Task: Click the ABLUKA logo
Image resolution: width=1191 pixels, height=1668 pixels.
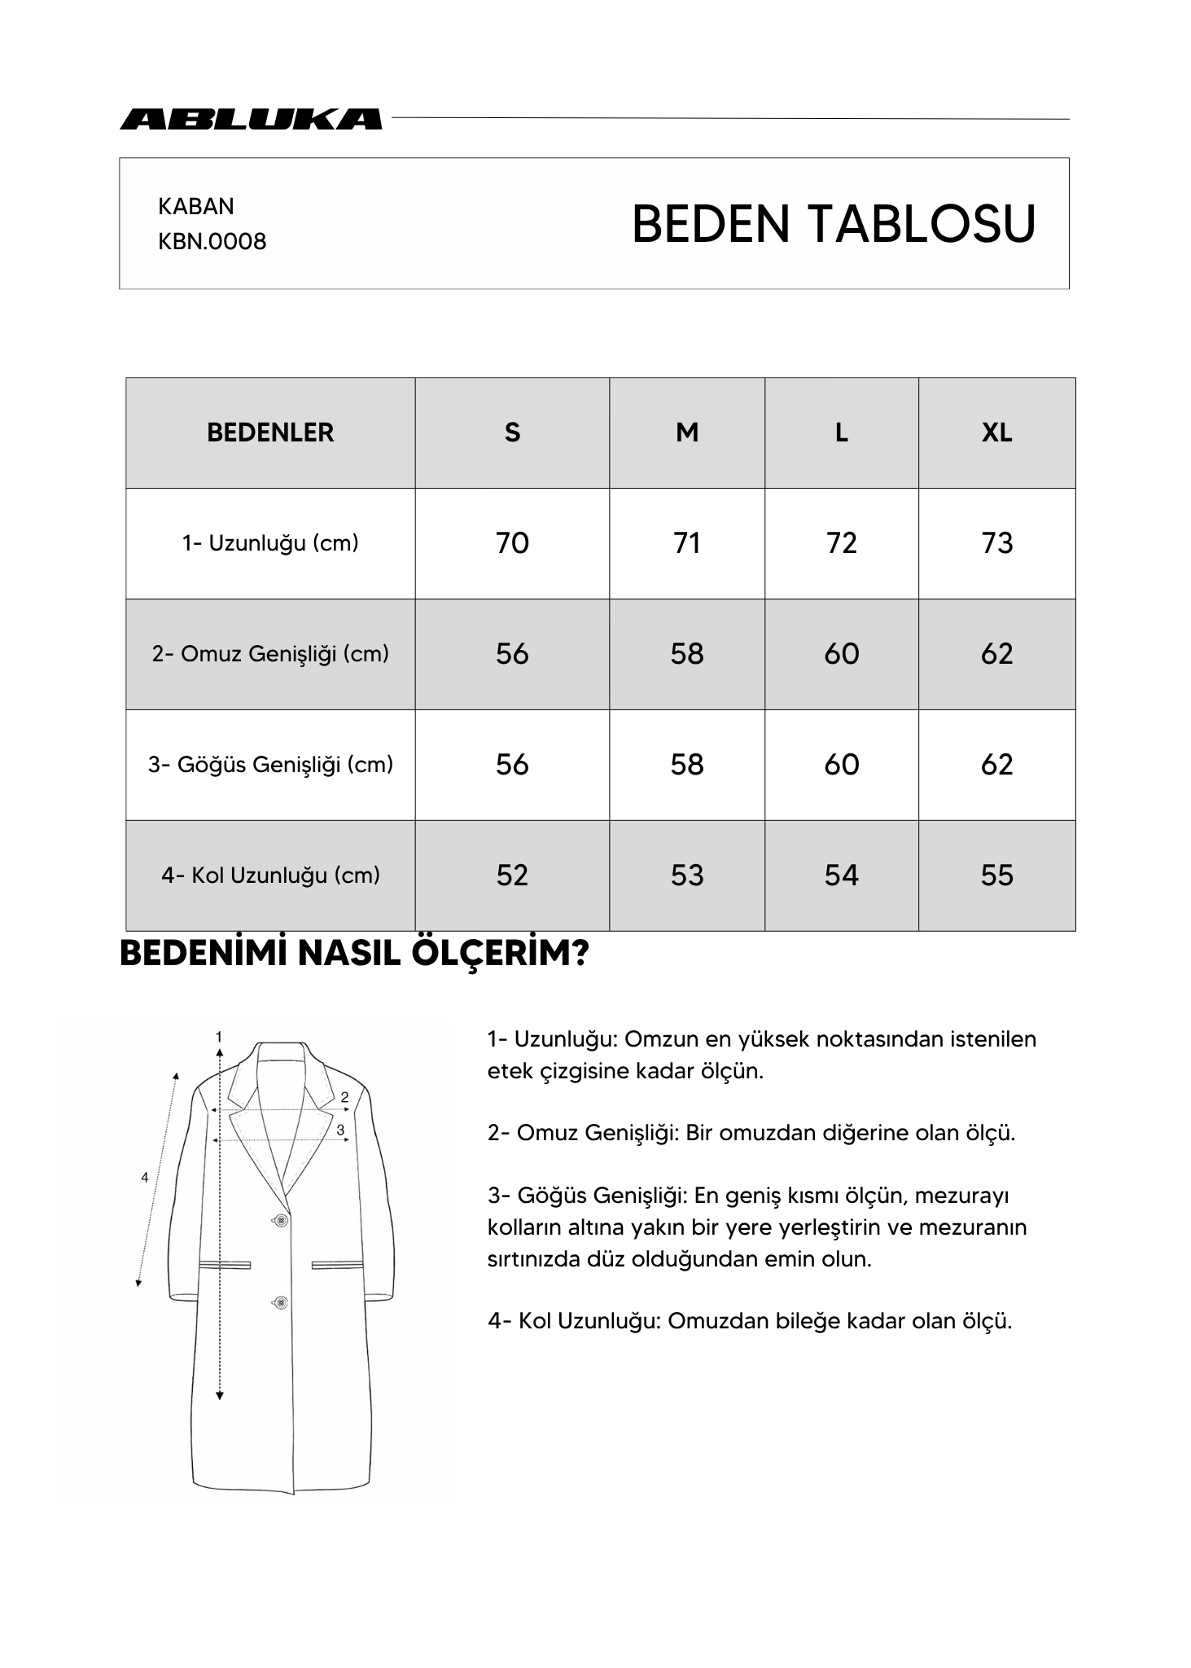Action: pos(251,119)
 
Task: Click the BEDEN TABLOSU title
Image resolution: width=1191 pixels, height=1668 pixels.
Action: pos(833,224)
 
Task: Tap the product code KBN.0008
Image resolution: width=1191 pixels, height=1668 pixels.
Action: pos(212,242)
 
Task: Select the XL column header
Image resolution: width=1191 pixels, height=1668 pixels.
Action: pos(996,432)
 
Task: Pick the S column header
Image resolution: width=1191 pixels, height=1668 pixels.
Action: pos(512,432)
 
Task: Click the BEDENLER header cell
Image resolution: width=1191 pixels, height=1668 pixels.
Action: pos(270,432)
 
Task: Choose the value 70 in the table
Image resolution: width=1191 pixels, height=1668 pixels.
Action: pos(512,543)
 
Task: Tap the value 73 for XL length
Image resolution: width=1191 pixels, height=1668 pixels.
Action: pos(996,543)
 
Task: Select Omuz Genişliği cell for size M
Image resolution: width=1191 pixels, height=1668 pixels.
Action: pos(686,654)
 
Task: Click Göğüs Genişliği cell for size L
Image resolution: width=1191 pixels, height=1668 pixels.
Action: pos(841,765)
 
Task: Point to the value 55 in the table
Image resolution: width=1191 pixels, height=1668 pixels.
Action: pos(996,876)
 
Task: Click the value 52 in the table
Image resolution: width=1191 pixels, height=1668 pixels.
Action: pos(512,876)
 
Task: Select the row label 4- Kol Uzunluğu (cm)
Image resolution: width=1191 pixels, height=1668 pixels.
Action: pos(270,876)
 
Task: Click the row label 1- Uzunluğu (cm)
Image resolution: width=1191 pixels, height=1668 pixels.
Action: pos(270,543)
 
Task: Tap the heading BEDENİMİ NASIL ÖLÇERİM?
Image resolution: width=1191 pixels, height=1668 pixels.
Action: pos(354,954)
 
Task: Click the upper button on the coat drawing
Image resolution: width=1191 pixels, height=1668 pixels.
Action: pos(281,1221)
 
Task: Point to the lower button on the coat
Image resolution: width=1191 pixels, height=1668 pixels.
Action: pos(281,1302)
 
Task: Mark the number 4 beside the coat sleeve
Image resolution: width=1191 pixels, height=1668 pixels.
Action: pos(145,1178)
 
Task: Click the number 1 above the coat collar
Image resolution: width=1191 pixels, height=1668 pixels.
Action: pos(218,1037)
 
